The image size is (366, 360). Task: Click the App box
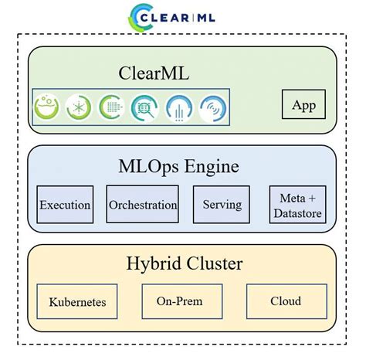303,105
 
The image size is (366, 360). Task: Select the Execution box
65,205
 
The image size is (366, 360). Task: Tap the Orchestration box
143,205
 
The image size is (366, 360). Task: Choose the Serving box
222,205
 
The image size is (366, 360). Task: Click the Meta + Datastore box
297,205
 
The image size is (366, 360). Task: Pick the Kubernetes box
76,301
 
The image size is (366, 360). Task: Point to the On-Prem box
182,301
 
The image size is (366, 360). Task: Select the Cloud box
286,301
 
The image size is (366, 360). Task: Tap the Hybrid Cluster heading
184,264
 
